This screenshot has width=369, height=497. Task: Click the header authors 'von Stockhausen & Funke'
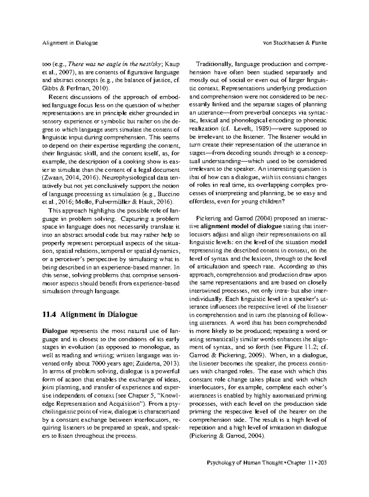point(295,43)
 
